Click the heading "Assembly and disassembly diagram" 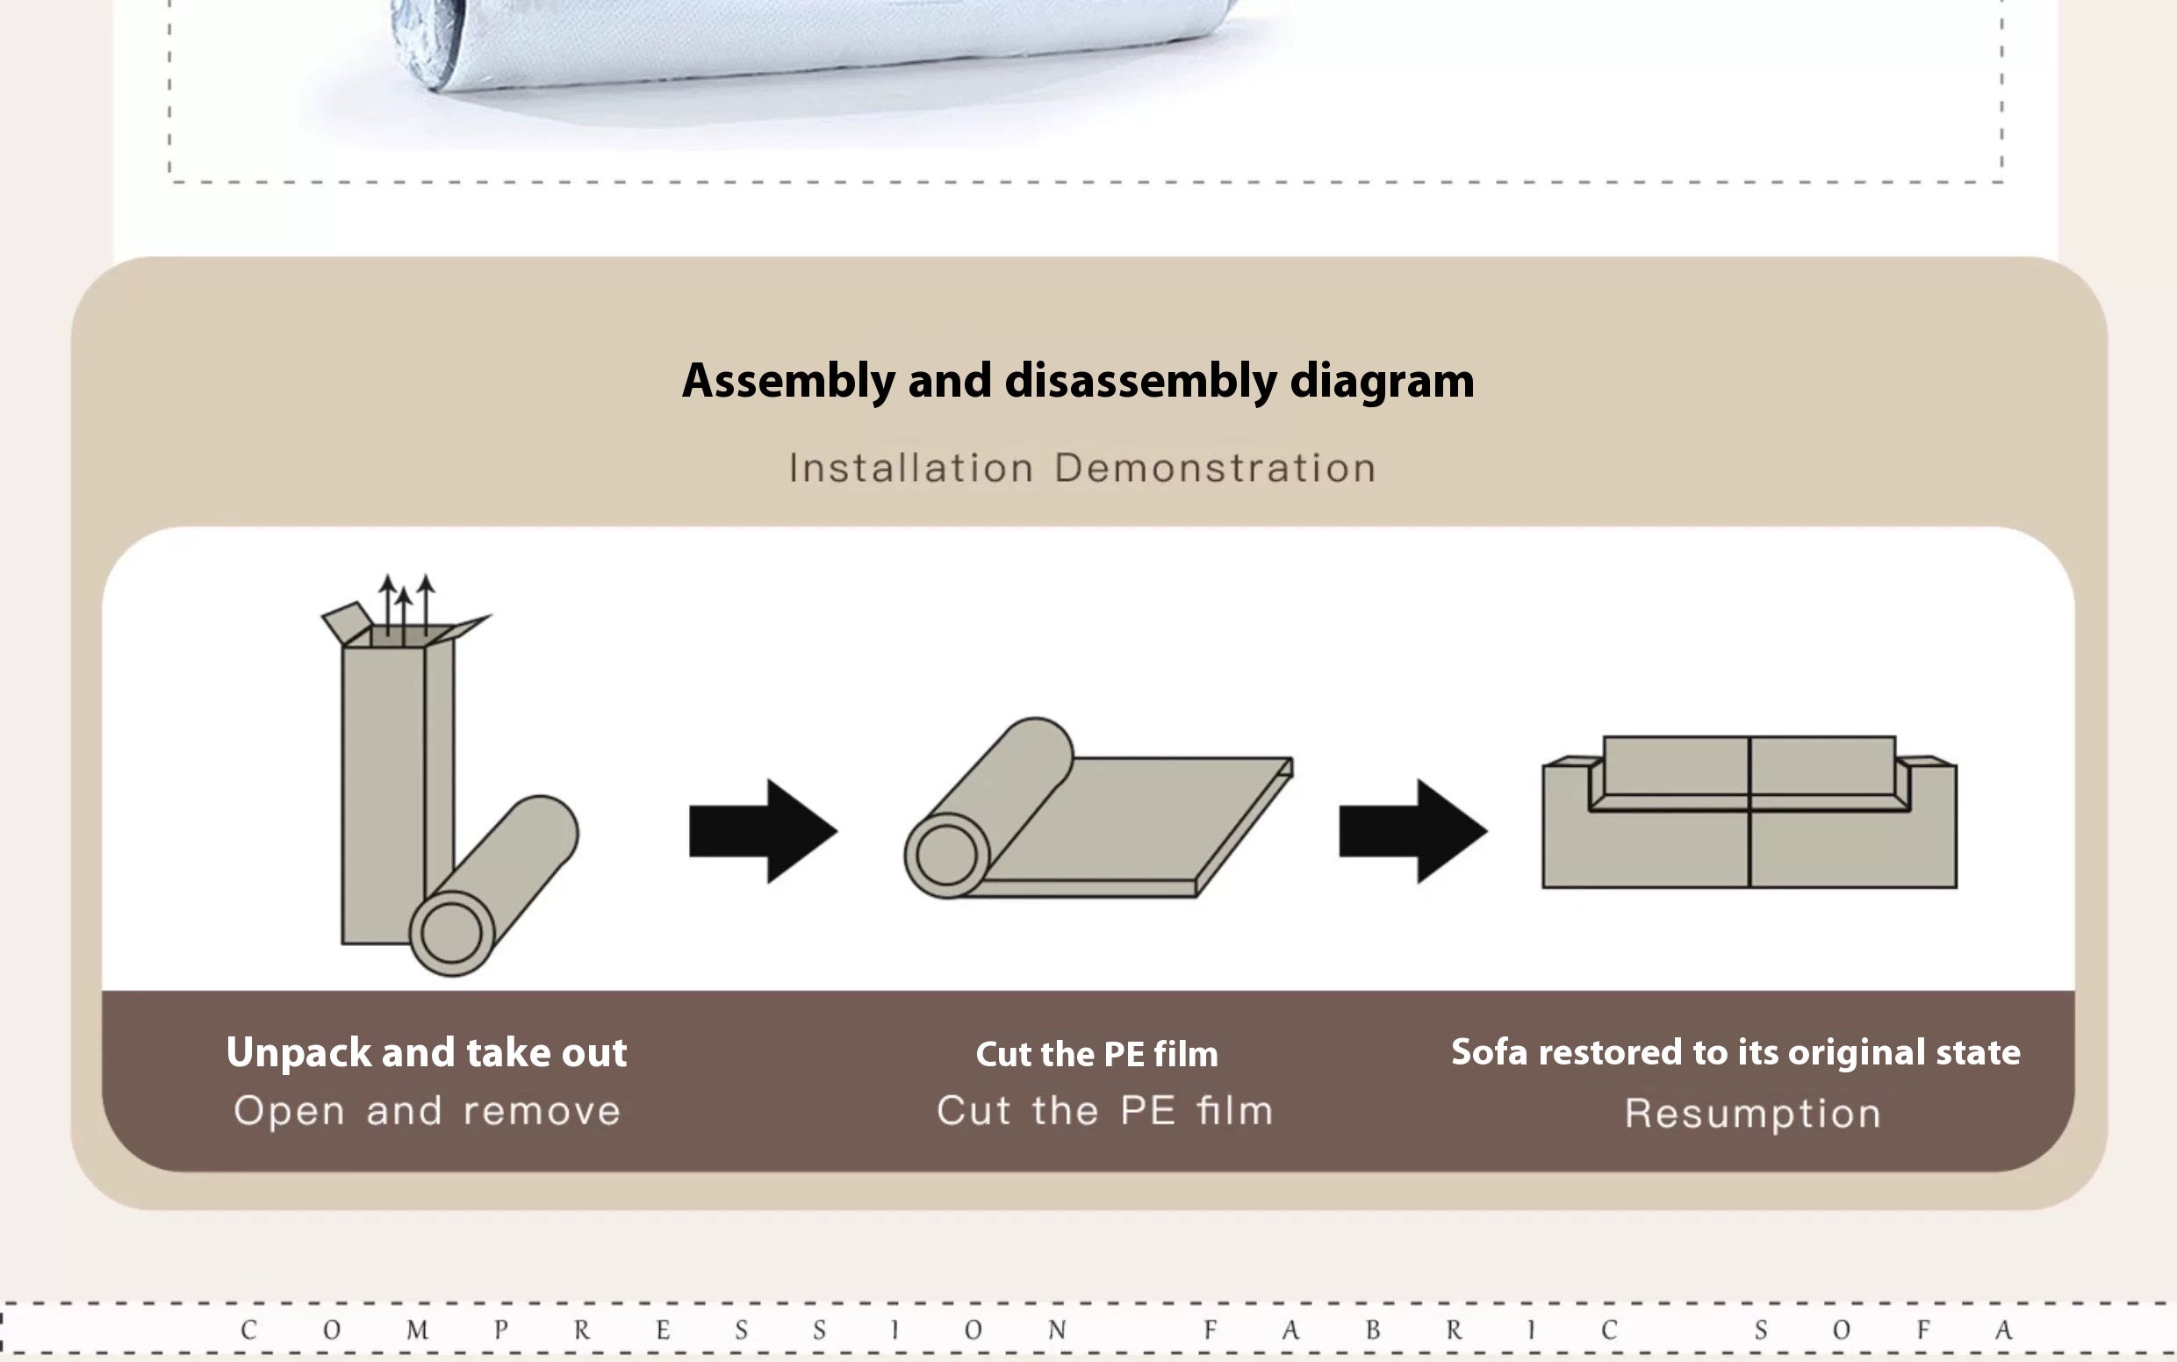[x=1078, y=381]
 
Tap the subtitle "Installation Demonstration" [x=1082, y=469]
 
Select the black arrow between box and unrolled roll [x=763, y=830]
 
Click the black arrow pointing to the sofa [x=1413, y=830]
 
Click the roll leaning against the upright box [x=494, y=885]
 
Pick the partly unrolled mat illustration [x=1098, y=808]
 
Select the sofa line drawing [x=1749, y=812]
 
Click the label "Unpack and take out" [x=427, y=1052]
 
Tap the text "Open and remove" [x=427, y=1111]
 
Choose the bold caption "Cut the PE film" [x=1096, y=1054]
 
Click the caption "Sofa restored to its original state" [x=1735, y=1052]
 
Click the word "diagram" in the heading [x=1383, y=382]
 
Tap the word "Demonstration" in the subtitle [x=1215, y=469]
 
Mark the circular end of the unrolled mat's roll [x=946, y=855]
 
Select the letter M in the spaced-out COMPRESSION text [x=417, y=1330]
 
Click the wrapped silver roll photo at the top [x=811, y=45]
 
